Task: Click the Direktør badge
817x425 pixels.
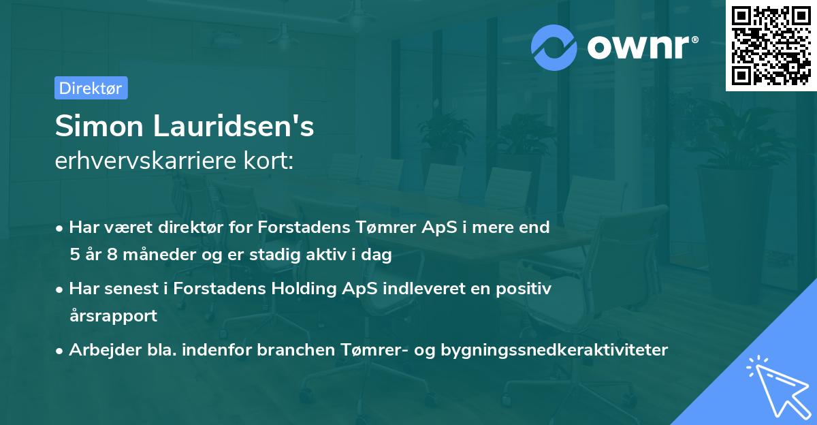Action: pyautogui.click(x=90, y=88)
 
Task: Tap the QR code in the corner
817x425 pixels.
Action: pyautogui.click(x=771, y=45)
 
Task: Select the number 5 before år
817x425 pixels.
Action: pyautogui.click(x=74, y=255)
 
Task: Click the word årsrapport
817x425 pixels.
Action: pyautogui.click(x=113, y=316)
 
